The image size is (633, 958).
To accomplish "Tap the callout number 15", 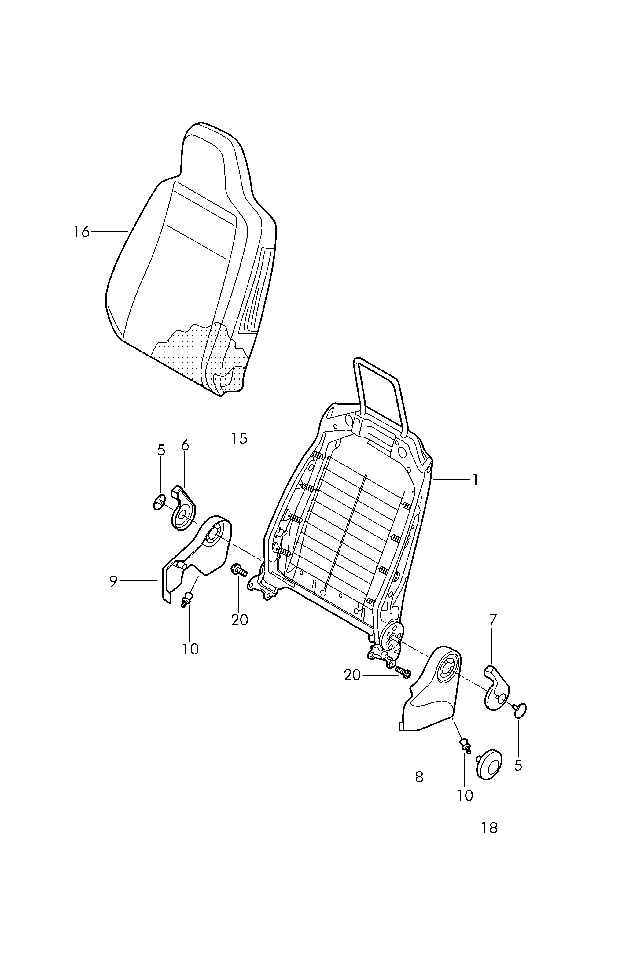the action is click(x=239, y=438).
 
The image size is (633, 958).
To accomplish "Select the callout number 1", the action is click(x=475, y=480).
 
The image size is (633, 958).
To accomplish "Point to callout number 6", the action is click(x=185, y=445).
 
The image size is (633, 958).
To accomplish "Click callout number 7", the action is click(x=493, y=620).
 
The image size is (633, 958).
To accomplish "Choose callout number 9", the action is click(x=113, y=581).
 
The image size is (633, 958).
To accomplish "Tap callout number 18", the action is click(x=489, y=828).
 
